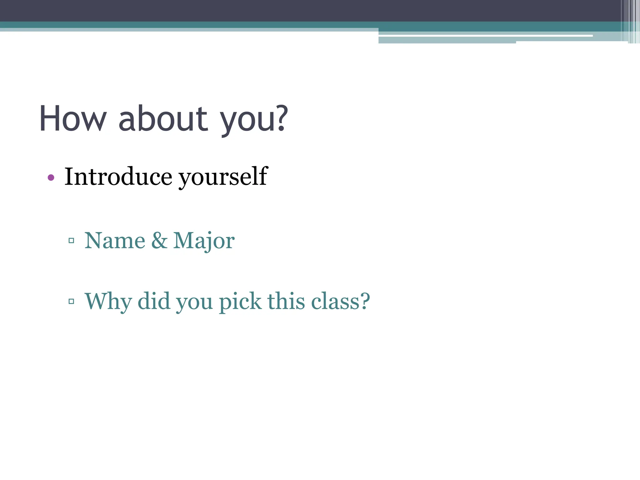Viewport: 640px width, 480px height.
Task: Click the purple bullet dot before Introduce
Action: (51, 178)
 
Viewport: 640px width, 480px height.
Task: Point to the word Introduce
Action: (118, 177)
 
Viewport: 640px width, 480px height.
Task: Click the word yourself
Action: (223, 177)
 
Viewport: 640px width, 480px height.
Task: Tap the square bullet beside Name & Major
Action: (71, 241)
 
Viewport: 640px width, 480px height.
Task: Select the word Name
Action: (115, 241)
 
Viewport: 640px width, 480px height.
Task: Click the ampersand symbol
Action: (159, 241)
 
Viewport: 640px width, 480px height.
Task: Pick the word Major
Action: (204, 241)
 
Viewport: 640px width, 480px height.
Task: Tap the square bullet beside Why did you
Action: (71, 302)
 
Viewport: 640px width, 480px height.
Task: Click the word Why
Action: (108, 302)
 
